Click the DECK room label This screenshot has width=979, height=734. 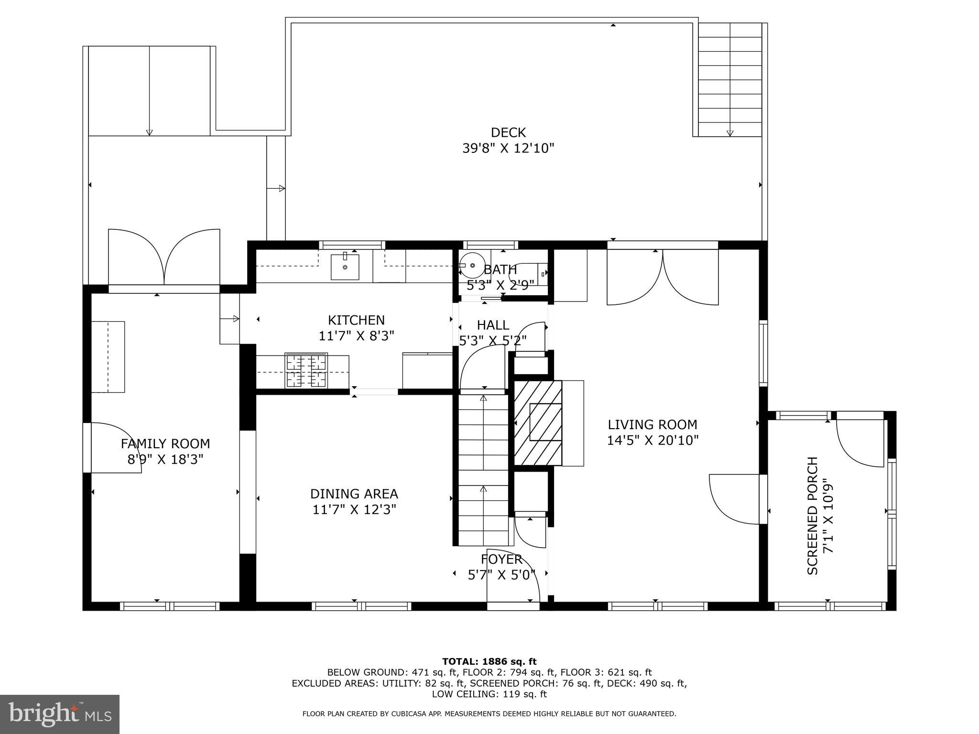coord(508,132)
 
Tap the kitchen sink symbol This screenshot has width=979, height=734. coord(345,267)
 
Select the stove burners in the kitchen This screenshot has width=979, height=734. coord(306,370)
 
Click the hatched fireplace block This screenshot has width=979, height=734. coord(537,423)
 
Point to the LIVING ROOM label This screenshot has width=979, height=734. coord(652,424)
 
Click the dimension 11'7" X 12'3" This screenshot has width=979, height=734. coord(354,509)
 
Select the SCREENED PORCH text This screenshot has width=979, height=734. coord(813,516)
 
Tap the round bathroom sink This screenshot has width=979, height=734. coord(472,265)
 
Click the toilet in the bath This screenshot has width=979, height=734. coord(528,274)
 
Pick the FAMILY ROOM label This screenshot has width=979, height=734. coord(165,444)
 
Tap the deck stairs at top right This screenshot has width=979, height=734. coord(729,79)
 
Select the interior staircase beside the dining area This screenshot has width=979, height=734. coord(483,468)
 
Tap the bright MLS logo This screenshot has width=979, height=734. coord(59,714)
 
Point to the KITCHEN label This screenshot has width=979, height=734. coord(356,320)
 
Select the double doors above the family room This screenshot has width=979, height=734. coord(164,258)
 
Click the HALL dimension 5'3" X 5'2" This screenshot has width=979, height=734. coord(493,340)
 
